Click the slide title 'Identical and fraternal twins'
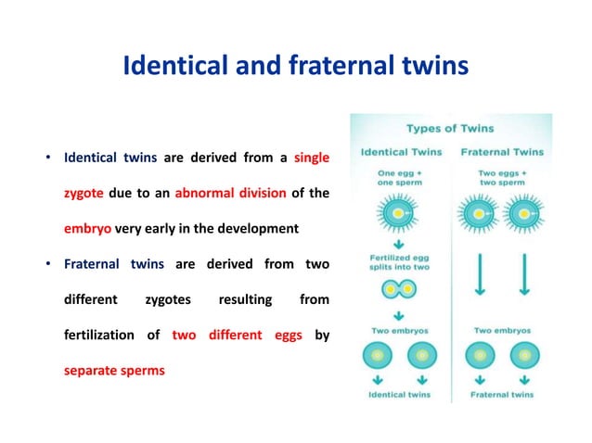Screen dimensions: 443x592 (x=295, y=68)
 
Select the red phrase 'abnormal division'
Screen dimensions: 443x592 (x=242, y=193)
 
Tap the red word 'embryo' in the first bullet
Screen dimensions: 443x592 (x=87, y=228)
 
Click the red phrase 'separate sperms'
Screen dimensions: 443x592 (x=114, y=370)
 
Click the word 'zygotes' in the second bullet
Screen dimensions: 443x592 (x=166, y=299)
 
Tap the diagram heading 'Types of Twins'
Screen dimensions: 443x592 (x=450, y=128)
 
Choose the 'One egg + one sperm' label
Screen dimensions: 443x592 (x=400, y=177)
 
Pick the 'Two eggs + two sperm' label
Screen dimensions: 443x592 (x=503, y=177)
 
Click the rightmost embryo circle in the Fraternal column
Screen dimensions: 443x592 (x=525, y=356)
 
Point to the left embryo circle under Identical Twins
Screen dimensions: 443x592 (x=380, y=356)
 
